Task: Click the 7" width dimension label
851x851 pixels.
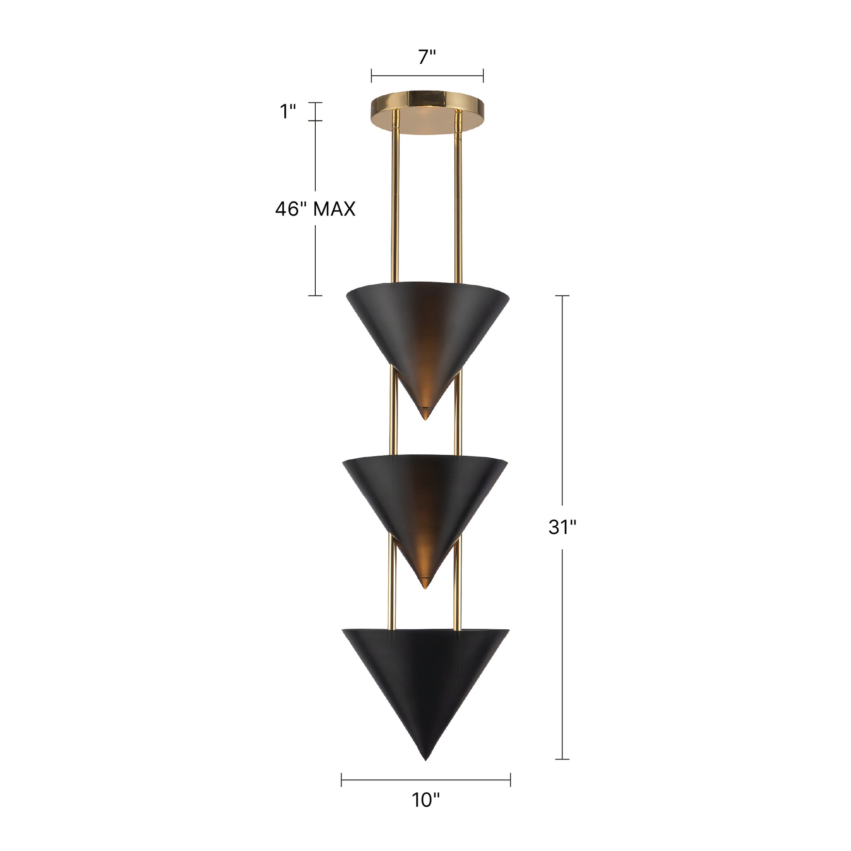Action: (x=427, y=57)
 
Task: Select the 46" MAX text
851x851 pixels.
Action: (x=315, y=209)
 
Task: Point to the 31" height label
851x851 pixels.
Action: (x=562, y=527)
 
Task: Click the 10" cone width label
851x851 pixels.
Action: (x=425, y=813)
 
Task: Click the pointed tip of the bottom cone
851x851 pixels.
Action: (x=425, y=758)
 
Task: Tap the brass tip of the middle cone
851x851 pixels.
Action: (x=425, y=584)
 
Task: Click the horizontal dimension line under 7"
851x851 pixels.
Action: (x=427, y=76)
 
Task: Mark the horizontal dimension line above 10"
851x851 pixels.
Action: (x=425, y=780)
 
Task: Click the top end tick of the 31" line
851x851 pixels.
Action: (x=562, y=296)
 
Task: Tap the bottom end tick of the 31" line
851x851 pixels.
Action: (x=562, y=759)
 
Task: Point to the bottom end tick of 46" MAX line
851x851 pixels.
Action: (x=315, y=295)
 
